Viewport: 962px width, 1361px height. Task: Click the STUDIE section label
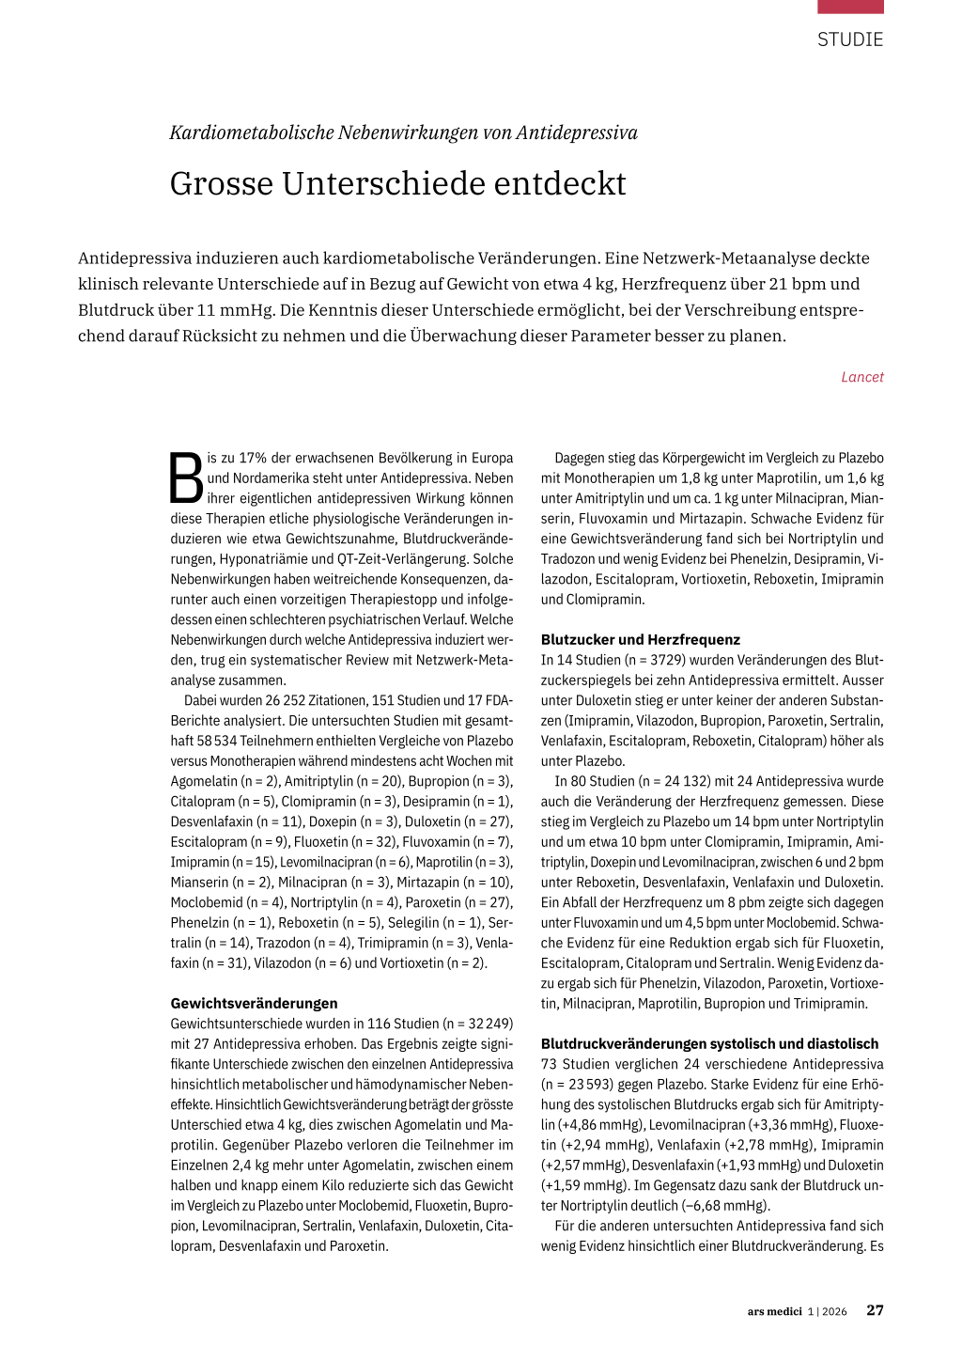point(849,39)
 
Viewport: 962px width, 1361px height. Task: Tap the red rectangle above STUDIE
point(849,7)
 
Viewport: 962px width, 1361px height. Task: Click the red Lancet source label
point(861,377)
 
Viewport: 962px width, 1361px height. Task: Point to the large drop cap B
point(186,478)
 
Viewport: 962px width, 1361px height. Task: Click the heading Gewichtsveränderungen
point(254,1003)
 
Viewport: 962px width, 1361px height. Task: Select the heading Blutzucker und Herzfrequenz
point(640,639)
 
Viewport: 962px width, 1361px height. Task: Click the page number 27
point(875,1310)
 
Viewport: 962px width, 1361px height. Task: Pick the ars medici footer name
point(775,1311)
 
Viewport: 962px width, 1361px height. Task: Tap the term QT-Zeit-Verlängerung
point(403,558)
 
